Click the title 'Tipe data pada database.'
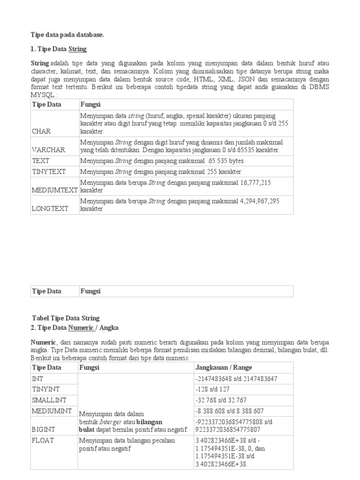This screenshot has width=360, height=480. (67, 35)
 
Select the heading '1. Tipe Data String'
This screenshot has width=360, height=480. (59, 49)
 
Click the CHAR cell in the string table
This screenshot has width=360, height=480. (41, 131)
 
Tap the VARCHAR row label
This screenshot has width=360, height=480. (48, 150)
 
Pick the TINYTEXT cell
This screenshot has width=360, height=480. (48, 172)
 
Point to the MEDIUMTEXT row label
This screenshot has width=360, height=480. (54, 190)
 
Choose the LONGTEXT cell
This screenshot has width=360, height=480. (50, 209)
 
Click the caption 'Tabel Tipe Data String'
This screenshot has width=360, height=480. (66, 318)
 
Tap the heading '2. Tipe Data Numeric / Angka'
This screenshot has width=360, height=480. (72, 328)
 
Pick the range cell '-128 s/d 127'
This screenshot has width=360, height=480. (212, 389)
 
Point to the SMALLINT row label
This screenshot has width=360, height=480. (49, 400)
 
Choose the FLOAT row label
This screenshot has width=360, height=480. (43, 440)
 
